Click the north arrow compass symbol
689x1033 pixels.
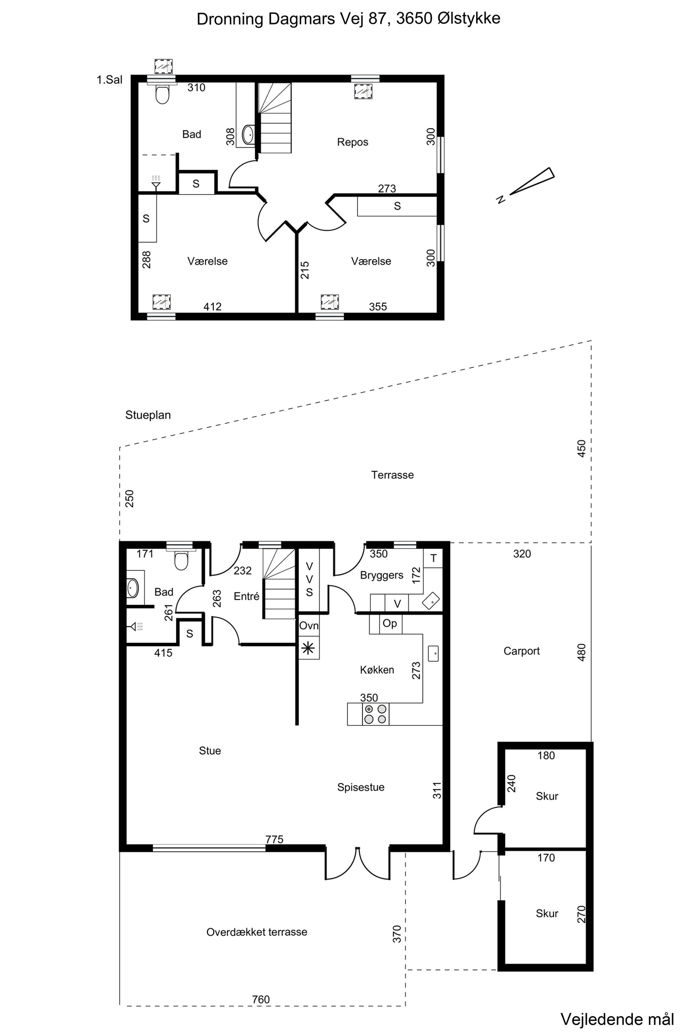[x=527, y=184]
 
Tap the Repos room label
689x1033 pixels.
[x=352, y=142]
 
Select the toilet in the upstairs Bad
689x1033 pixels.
[x=163, y=94]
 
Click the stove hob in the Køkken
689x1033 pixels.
[x=376, y=714]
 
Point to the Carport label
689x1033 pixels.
[x=522, y=651]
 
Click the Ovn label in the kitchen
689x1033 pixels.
[x=309, y=625]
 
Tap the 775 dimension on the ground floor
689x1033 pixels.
[x=275, y=839]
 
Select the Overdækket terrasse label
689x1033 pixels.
[x=257, y=932]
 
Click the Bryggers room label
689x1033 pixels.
[x=381, y=576]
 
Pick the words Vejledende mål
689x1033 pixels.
[x=617, y=1019]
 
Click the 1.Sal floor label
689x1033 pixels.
[x=109, y=80]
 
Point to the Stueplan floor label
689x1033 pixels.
[x=148, y=415]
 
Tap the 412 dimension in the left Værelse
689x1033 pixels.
[x=212, y=306]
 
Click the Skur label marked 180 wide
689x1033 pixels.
[x=547, y=796]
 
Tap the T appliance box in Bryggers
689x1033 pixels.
[x=433, y=558]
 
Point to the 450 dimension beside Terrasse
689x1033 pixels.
[x=581, y=448]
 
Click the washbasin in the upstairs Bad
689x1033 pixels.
[x=248, y=134]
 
